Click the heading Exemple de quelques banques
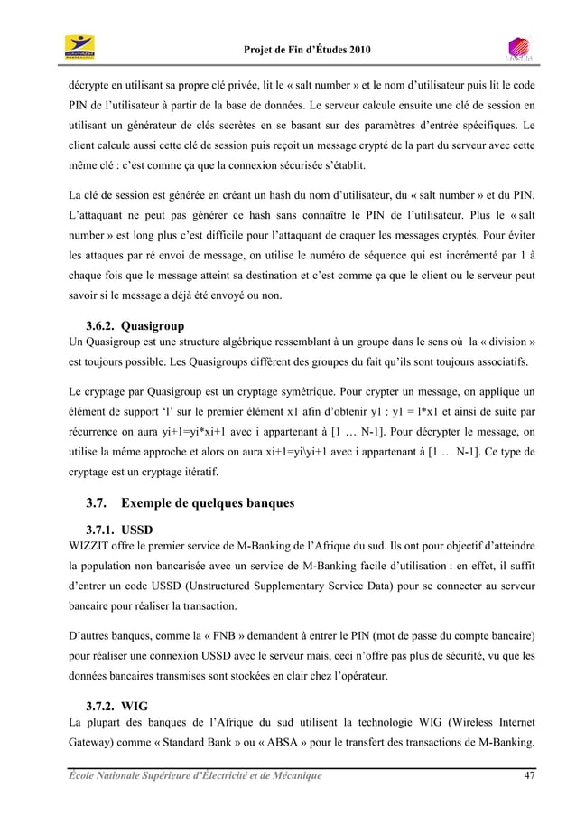point(211,502)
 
